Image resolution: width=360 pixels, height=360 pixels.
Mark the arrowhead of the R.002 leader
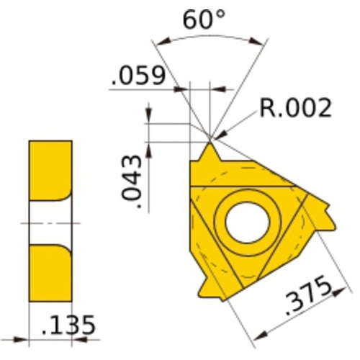[x=217, y=135]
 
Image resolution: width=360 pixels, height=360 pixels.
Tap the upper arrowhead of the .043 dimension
[x=149, y=115]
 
